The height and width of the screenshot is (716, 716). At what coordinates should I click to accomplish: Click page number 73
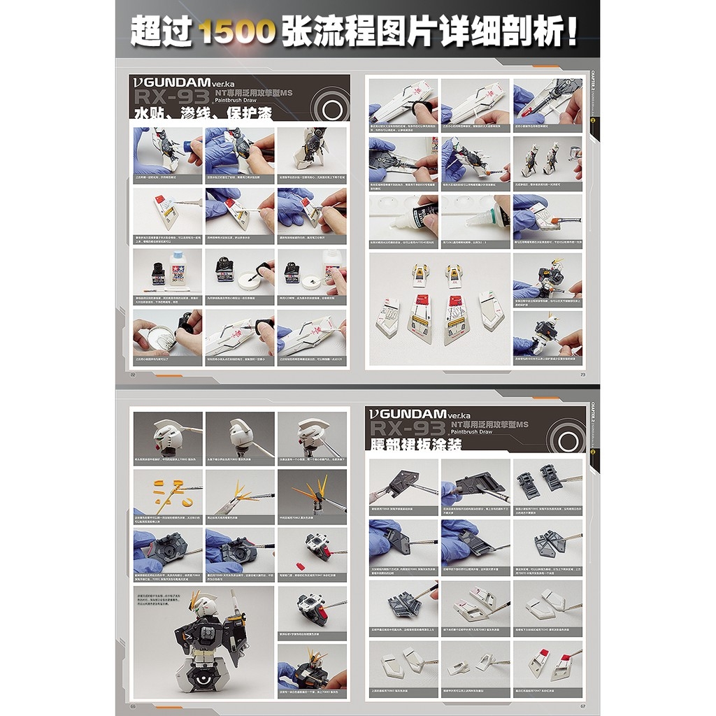pyautogui.click(x=582, y=374)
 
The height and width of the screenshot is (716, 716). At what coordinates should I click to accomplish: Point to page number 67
pyautogui.click(x=582, y=706)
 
